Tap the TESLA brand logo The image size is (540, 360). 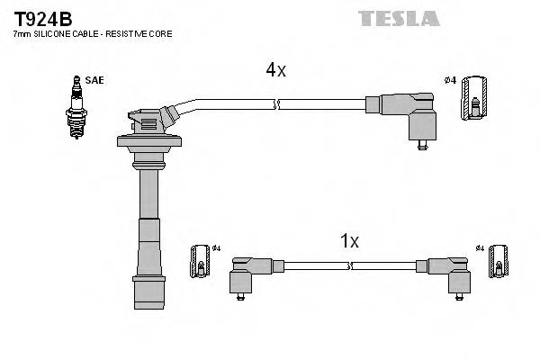398,18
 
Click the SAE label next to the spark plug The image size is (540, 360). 95,80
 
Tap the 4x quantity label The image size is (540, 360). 274,69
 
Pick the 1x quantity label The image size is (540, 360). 349,240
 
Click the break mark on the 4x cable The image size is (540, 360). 278,104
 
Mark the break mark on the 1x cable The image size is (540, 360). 352,265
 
